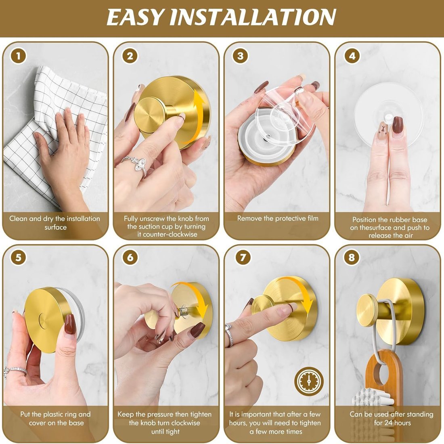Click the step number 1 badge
[x=19, y=56]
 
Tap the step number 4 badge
[x=352, y=56]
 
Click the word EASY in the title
[x=135, y=17]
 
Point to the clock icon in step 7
[x=309, y=381]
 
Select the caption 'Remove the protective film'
[x=278, y=218]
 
